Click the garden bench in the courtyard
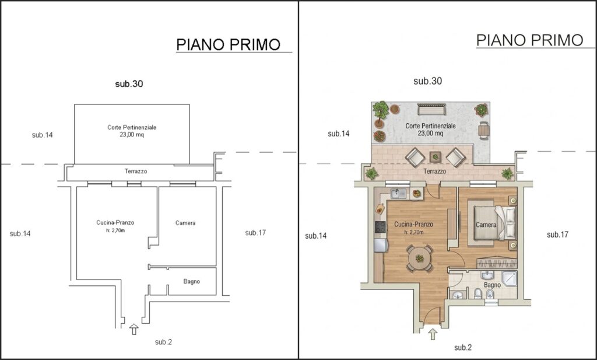[x=431, y=109]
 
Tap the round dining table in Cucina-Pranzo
[x=419, y=258]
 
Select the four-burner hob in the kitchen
[x=380, y=227]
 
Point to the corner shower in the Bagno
[x=510, y=278]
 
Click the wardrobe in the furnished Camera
[x=497, y=263]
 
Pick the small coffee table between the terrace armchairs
[x=435, y=156]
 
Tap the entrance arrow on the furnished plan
[x=433, y=334]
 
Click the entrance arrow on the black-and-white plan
[x=134, y=329]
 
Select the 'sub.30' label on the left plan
[x=129, y=84]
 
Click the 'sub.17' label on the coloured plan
[x=557, y=235]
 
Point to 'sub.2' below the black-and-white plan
[x=163, y=342]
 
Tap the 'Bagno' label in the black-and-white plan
[x=191, y=282]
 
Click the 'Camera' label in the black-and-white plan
[x=185, y=223]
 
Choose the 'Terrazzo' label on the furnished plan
[x=435, y=172]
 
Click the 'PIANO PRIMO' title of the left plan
[x=229, y=44]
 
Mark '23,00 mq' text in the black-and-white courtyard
[x=132, y=134]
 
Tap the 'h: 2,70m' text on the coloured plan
[x=414, y=232]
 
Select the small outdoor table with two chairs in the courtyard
[x=483, y=130]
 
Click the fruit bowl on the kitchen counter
[x=416, y=194]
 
